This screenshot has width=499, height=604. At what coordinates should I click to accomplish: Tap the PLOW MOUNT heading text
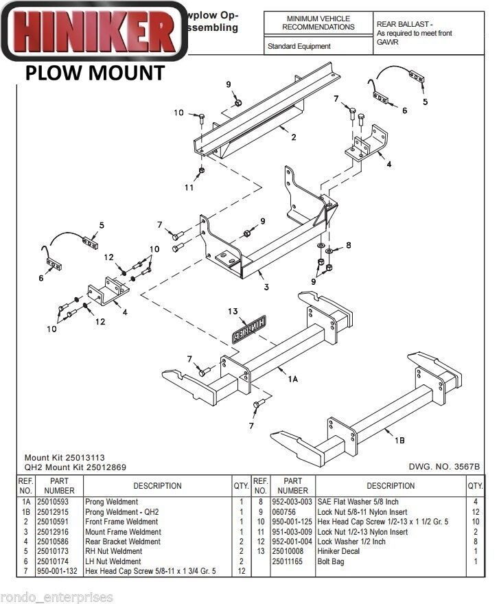[95, 73]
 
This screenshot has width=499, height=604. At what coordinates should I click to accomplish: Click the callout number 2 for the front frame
[293, 137]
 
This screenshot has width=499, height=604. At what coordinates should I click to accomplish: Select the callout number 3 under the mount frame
[266, 286]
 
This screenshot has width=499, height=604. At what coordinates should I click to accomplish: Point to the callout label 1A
[293, 379]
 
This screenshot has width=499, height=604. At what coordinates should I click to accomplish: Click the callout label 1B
[399, 434]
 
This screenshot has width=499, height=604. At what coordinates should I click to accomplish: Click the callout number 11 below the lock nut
[189, 186]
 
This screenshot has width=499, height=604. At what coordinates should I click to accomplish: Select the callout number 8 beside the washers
[348, 244]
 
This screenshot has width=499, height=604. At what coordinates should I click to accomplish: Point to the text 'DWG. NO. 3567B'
[444, 467]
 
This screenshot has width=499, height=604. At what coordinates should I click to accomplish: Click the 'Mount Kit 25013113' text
[65, 458]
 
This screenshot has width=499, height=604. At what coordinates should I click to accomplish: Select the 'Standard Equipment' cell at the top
[299, 47]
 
